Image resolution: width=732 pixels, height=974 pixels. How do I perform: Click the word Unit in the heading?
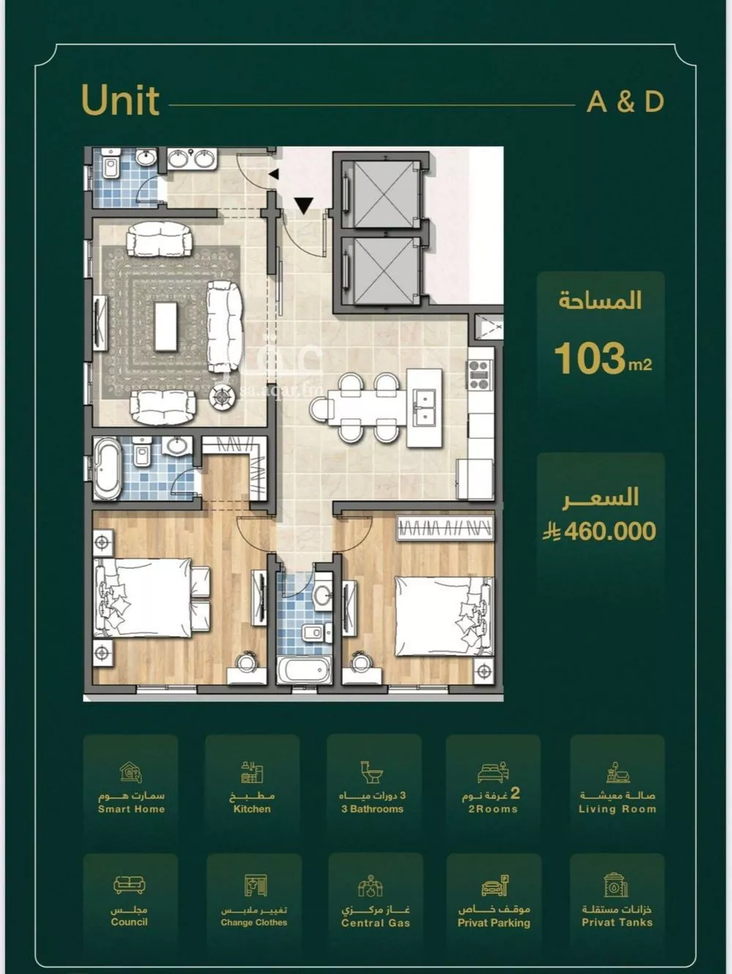coord(120,100)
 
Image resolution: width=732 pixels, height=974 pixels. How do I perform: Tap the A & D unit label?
coord(625,102)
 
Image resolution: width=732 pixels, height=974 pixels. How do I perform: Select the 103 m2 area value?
coord(602,359)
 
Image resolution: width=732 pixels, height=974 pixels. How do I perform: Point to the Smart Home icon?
coord(131,772)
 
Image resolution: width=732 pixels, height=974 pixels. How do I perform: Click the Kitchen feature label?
coord(252,809)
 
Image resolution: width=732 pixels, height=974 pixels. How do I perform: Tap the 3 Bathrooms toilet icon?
coord(372,772)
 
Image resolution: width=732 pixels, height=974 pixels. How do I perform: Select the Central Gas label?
coord(375,923)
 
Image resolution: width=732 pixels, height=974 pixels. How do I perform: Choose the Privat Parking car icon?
coord(494,886)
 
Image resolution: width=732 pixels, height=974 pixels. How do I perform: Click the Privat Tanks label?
coord(616,922)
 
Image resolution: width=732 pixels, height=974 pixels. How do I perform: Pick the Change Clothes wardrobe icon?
coord(254,885)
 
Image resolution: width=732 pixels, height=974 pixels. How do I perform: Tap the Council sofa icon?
coord(130,885)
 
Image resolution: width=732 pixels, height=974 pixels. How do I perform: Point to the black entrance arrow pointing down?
coord(304,206)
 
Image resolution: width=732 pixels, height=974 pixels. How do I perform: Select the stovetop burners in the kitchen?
coord(479,373)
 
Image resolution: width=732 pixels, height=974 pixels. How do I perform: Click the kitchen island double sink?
coord(425,407)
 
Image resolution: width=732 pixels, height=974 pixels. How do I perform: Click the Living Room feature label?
coord(617,809)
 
